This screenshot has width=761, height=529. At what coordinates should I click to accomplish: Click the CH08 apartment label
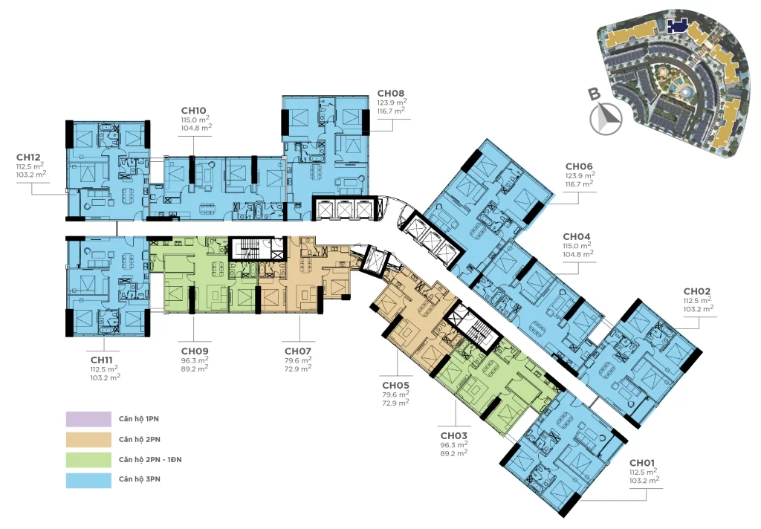point(391,93)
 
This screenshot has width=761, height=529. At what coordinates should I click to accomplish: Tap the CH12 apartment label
point(29,158)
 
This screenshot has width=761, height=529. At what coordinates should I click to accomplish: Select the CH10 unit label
point(194,111)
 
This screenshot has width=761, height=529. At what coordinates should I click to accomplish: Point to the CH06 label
point(579,166)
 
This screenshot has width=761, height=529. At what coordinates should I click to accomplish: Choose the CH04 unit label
point(577,236)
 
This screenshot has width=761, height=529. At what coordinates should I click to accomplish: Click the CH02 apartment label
point(697,291)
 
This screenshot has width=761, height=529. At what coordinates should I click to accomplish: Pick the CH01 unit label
point(642,463)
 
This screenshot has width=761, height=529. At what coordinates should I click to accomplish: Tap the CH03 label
point(454,436)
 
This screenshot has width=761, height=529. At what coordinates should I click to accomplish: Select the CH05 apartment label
point(395,386)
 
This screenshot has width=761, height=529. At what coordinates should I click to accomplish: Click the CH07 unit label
point(298,351)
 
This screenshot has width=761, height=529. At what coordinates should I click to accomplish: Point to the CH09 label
point(195,351)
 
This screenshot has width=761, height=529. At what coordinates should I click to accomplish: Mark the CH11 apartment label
point(102,360)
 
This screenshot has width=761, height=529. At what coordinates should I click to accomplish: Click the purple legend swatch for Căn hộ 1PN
point(89,419)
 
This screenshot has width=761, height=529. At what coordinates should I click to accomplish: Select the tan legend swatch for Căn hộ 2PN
point(89,439)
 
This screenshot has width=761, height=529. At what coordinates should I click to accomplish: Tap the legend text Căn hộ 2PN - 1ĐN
point(150,460)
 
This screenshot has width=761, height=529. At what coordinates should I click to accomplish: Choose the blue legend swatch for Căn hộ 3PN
point(89,480)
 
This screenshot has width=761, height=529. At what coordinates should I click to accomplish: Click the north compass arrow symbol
point(606,119)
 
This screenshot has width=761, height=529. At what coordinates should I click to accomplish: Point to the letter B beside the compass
point(595,94)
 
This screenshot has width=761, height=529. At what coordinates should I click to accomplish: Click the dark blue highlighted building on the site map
point(678,26)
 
